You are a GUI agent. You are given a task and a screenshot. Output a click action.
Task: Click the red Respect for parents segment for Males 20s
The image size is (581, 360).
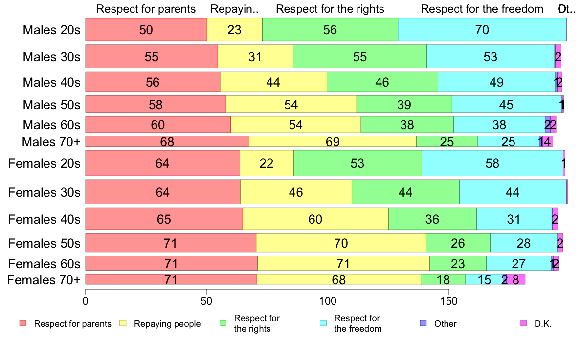(146, 29)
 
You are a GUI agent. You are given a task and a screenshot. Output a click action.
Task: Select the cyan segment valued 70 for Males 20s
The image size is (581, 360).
(482, 29)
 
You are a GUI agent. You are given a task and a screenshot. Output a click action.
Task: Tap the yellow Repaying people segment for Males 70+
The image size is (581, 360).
(333, 141)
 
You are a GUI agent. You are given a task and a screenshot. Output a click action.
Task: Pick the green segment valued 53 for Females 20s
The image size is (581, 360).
(358, 163)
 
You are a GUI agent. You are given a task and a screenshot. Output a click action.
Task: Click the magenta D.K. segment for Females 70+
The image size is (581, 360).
(516, 279)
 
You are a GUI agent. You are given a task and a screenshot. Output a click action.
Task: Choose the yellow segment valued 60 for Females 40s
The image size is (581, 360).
(315, 219)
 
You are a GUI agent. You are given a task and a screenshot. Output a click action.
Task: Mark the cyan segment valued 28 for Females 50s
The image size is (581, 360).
(523, 243)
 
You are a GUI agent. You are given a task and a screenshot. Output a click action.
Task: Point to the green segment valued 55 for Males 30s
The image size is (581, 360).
(359, 56)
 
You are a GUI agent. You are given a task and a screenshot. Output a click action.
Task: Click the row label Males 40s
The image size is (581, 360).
(51, 82)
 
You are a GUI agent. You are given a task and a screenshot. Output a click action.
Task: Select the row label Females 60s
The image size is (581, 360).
(45, 264)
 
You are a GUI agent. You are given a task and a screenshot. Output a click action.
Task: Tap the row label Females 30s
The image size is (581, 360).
(45, 192)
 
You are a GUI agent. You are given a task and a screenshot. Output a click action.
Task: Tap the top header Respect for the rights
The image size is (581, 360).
(330, 9)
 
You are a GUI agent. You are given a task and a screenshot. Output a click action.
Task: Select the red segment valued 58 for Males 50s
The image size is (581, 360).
(156, 105)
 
